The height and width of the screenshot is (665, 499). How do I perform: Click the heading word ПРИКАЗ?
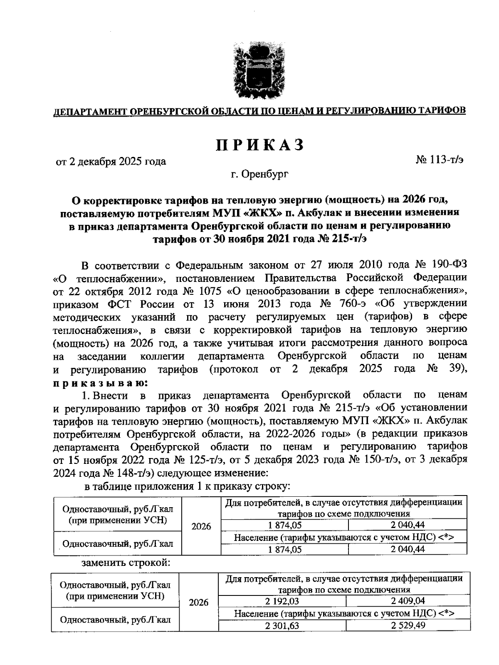[260, 144]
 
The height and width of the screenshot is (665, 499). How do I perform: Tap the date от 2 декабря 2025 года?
[111, 162]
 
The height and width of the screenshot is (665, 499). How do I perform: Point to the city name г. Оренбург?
[260, 174]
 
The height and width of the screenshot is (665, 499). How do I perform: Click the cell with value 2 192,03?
[282, 601]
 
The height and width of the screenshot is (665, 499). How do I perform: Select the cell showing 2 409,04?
[408, 601]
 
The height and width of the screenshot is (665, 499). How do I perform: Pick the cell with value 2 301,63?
[282, 626]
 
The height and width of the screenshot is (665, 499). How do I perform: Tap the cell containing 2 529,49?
[408, 626]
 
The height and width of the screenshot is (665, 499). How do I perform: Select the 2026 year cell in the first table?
[201, 526]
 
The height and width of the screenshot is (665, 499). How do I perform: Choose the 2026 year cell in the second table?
[198, 603]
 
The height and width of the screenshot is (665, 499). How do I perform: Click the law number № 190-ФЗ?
[441, 265]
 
